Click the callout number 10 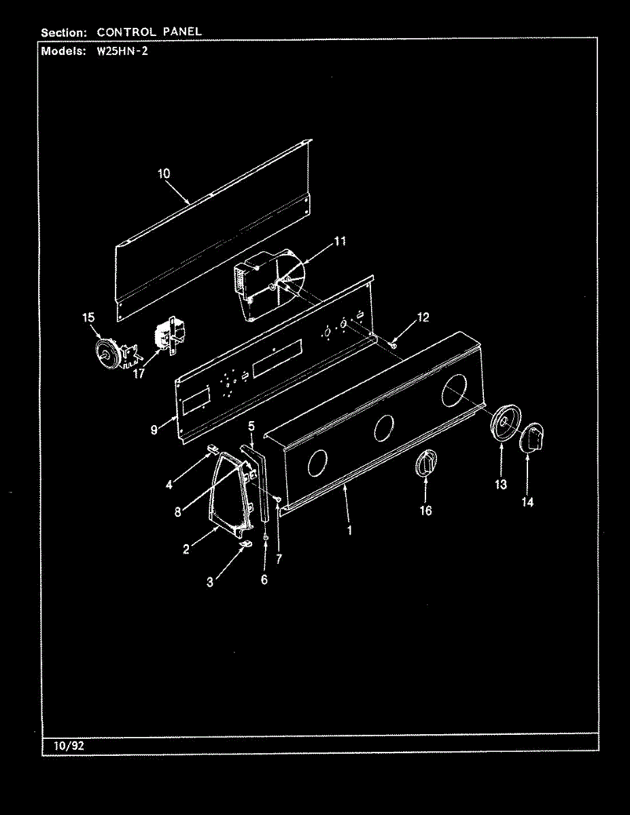click(x=164, y=174)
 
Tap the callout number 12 click(x=423, y=317)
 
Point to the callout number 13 click(x=501, y=485)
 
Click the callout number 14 click(x=527, y=502)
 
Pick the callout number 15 click(x=88, y=317)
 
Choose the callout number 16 click(x=425, y=511)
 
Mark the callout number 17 click(x=139, y=374)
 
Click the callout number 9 click(x=154, y=429)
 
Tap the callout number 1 click(x=349, y=530)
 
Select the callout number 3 click(x=210, y=581)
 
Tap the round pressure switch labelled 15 click(x=107, y=352)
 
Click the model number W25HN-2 click(x=123, y=51)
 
